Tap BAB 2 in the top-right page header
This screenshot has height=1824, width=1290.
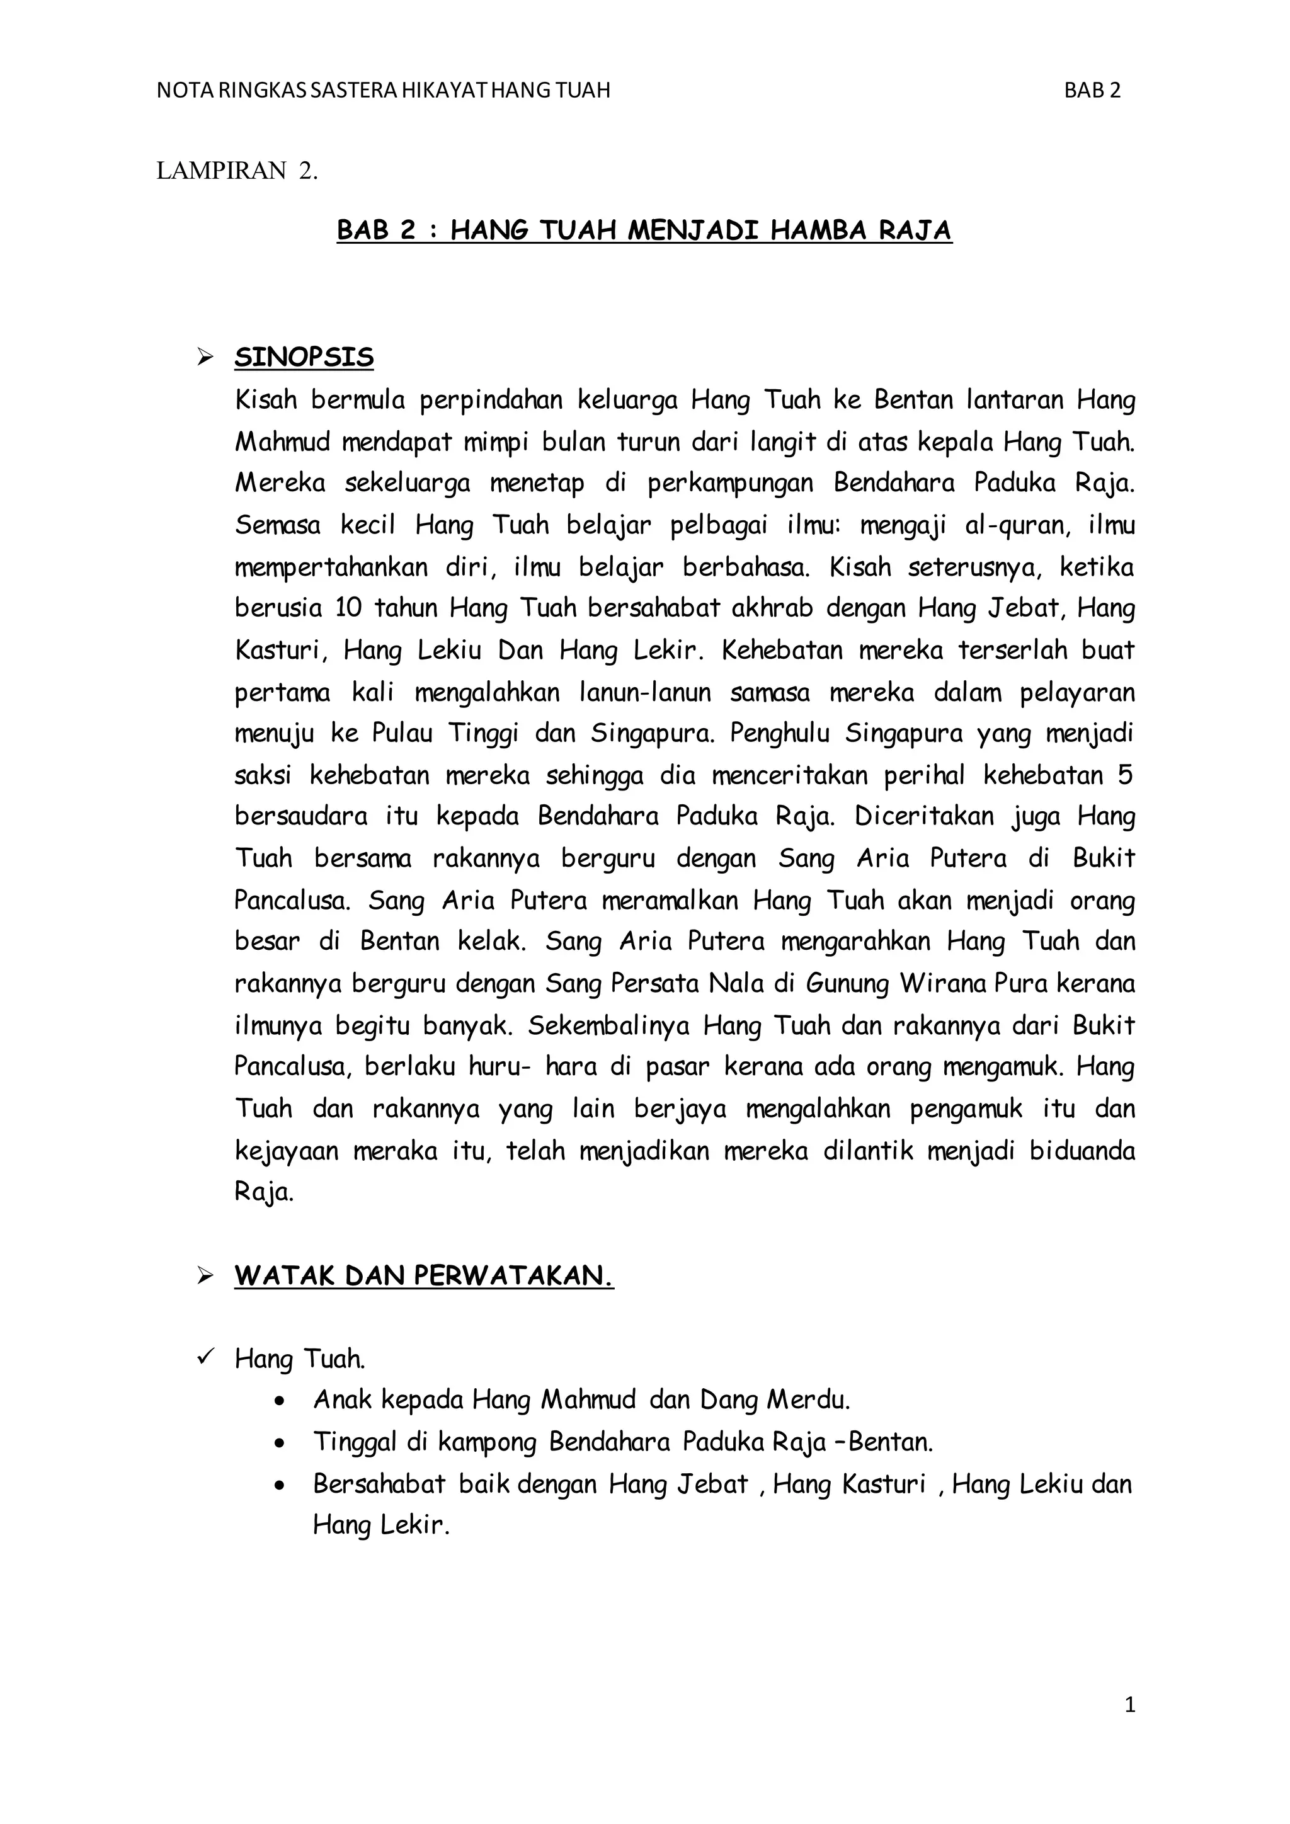coord(1092,91)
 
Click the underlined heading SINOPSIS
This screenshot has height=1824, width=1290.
coord(304,358)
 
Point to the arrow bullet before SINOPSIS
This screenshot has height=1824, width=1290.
coord(206,358)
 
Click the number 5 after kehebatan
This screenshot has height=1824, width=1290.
coord(1125,775)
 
